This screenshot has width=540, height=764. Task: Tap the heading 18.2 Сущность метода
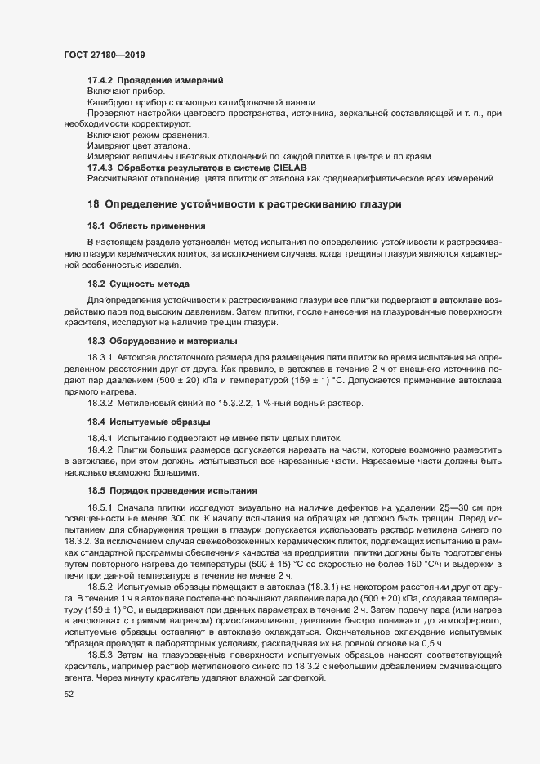[x=138, y=283]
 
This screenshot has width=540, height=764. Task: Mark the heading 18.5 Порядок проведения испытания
[x=172, y=490]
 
